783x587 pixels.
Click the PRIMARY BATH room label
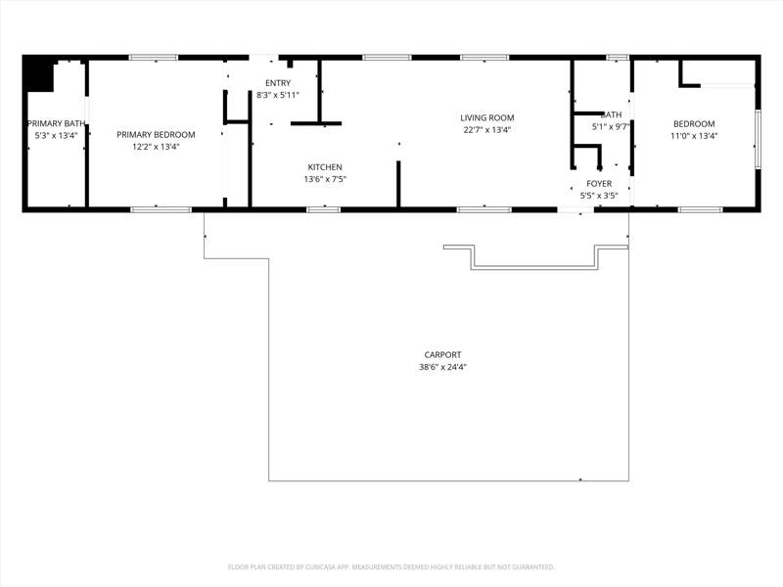click(x=56, y=123)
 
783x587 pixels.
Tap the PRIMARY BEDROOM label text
click(x=156, y=135)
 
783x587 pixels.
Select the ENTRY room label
click(x=278, y=83)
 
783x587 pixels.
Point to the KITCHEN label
click(x=325, y=167)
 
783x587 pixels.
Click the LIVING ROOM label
click(x=487, y=117)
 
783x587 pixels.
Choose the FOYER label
click(x=599, y=184)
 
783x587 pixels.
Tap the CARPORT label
click(x=443, y=355)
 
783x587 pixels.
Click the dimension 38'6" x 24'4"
click(x=443, y=368)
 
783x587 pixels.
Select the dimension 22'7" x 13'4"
click(x=487, y=130)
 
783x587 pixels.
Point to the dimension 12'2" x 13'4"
click(x=156, y=147)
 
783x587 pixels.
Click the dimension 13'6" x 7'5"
click(x=325, y=179)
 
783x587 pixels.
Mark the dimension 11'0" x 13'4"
click(x=694, y=136)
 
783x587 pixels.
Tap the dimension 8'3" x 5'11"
click(x=278, y=95)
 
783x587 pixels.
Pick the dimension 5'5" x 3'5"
click(x=599, y=196)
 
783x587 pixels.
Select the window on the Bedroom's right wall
click(x=758, y=139)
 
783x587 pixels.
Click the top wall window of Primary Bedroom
click(x=154, y=58)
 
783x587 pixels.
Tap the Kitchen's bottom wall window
click(x=323, y=209)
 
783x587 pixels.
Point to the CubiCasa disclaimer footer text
click(x=391, y=567)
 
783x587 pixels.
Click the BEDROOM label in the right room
click(x=694, y=124)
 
